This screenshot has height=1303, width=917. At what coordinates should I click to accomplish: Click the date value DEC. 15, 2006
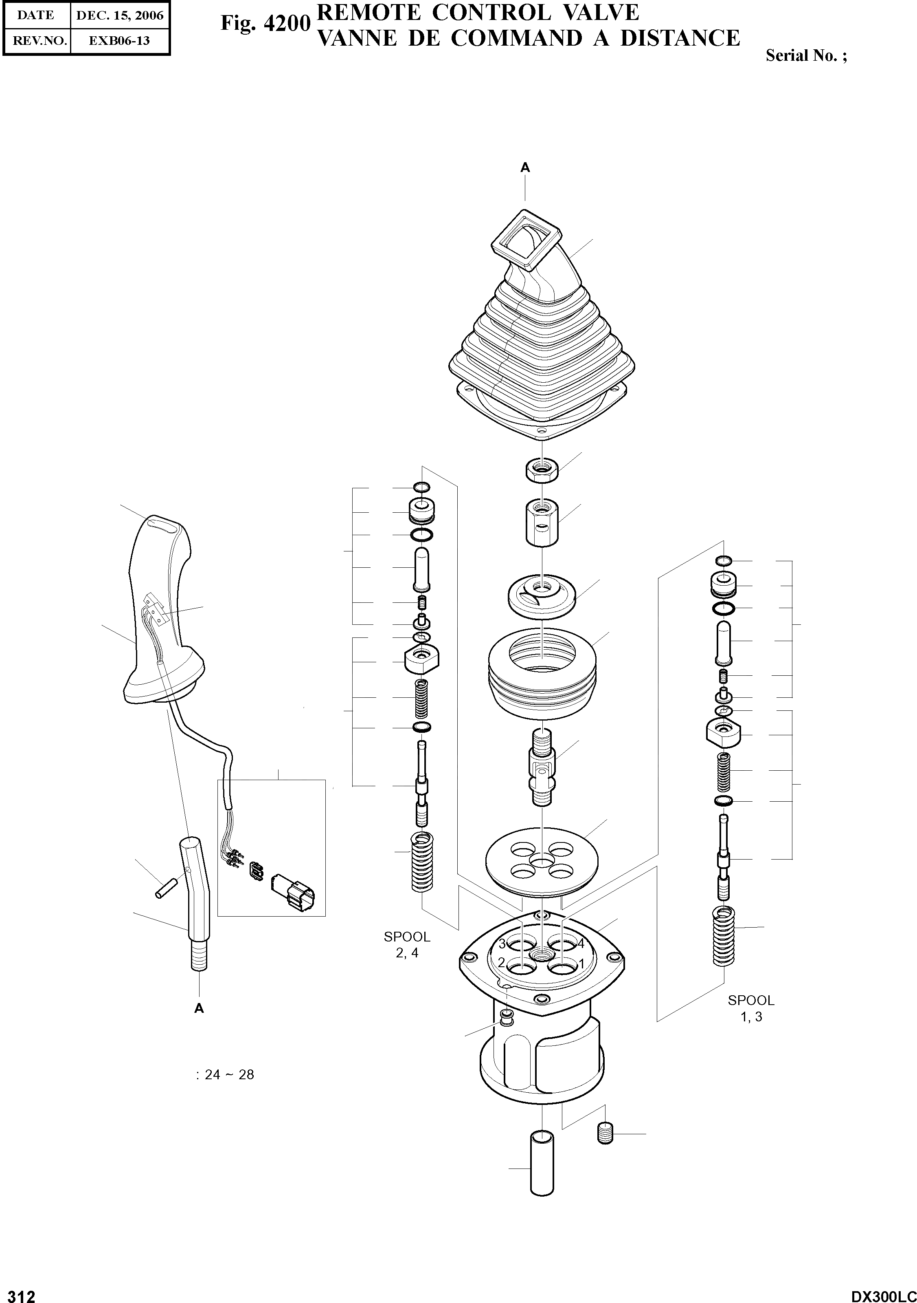[x=120, y=15]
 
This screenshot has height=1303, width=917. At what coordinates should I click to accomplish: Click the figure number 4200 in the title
[x=287, y=23]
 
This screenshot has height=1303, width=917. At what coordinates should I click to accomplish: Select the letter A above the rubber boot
[x=525, y=168]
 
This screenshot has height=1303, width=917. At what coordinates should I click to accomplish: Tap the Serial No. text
[x=806, y=55]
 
